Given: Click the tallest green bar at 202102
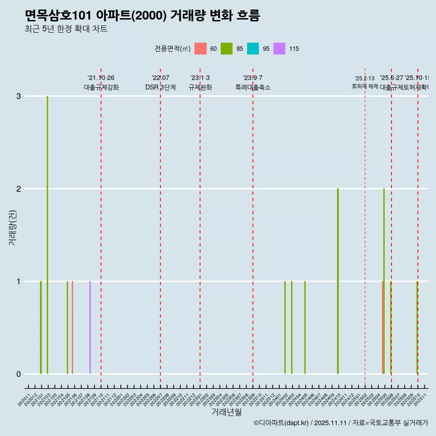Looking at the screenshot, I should coord(47,234).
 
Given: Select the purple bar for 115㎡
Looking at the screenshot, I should coord(90,327).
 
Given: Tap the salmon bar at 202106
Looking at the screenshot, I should coord(72,327).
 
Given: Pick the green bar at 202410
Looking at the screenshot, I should coord(338,281).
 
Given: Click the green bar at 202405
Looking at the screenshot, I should coord(305,327).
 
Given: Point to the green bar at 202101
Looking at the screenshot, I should coord(41,327).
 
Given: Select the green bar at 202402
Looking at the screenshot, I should coord(285,327).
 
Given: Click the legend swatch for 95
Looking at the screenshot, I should coord(253,49).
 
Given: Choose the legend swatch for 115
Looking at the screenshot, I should coord(279,49).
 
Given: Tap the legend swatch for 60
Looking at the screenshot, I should coord(200,49).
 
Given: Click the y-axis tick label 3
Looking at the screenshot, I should coord(19,96).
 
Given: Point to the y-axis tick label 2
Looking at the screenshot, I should coord(19,189).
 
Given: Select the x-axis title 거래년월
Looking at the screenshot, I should coord(226,412).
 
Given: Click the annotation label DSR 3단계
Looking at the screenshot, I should coord(160,87).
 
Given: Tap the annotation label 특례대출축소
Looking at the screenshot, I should coord(253,87).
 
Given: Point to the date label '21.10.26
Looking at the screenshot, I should coord(101,78).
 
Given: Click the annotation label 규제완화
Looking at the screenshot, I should coord(200,87).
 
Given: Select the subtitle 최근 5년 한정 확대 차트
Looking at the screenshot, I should coord(66,29).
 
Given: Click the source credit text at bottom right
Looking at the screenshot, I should coord(341,423).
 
